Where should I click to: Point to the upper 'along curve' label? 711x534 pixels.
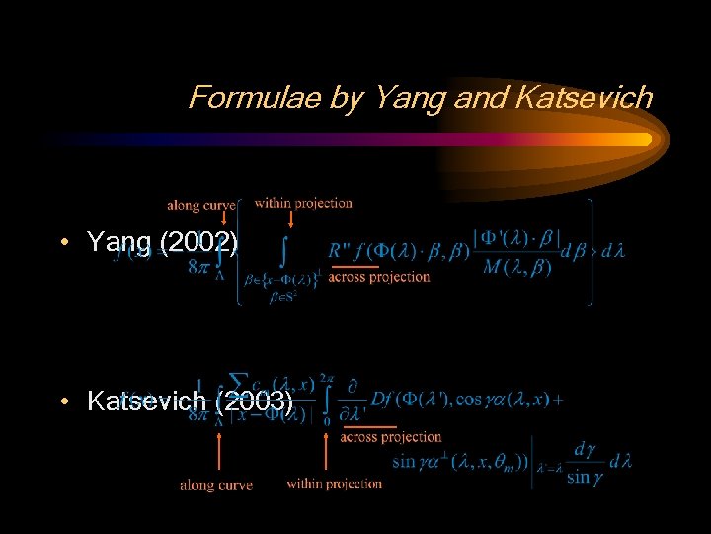click(x=200, y=206)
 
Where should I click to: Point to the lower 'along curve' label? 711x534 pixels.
click(x=215, y=485)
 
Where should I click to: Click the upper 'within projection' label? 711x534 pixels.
click(x=303, y=203)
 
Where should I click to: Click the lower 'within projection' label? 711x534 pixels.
click(x=334, y=483)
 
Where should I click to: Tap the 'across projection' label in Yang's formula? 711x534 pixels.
click(x=379, y=277)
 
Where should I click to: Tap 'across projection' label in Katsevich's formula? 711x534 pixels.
click(x=391, y=436)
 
